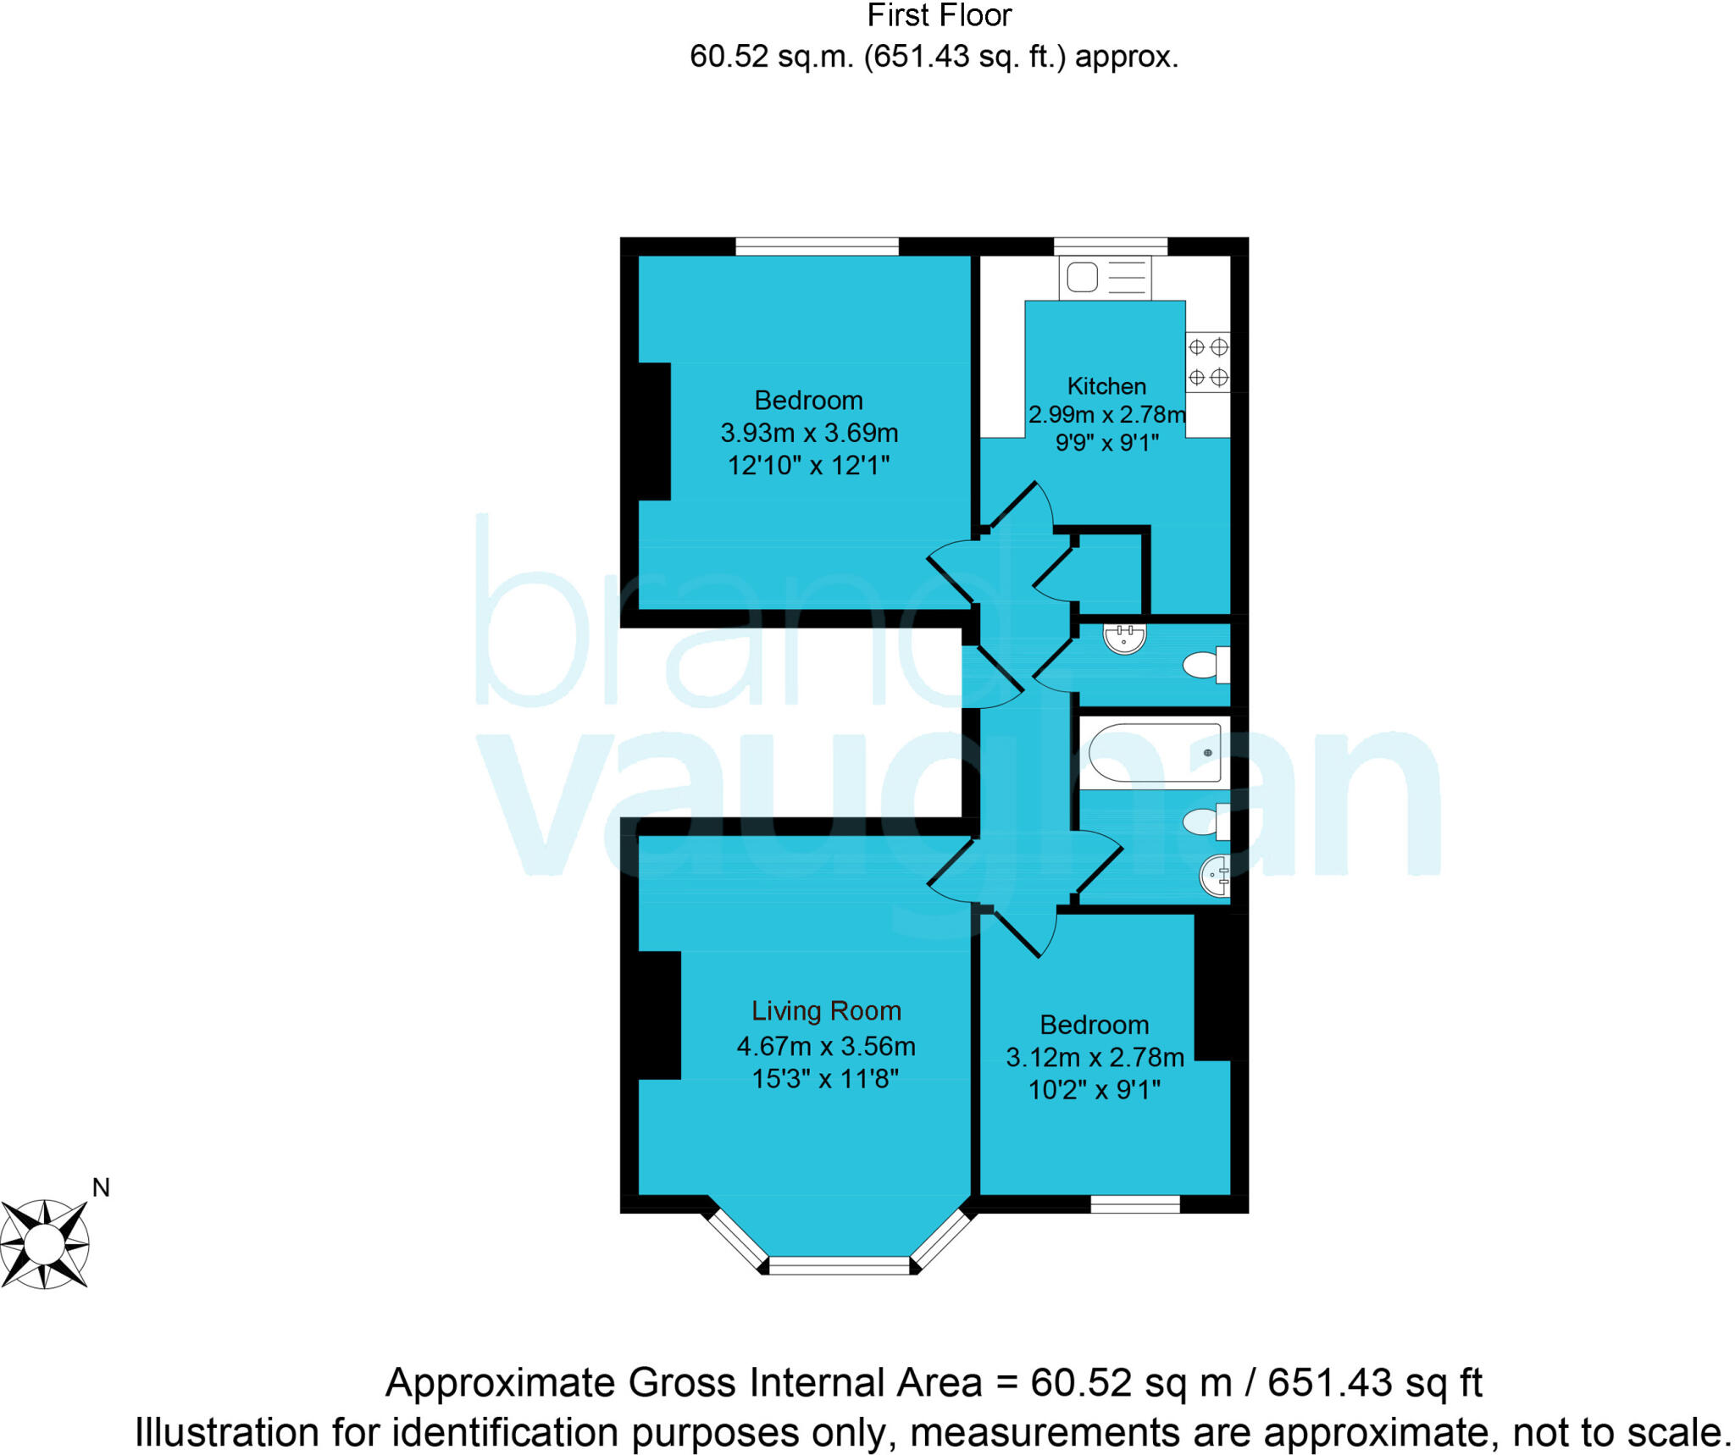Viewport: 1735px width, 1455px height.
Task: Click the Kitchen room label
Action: [1106, 386]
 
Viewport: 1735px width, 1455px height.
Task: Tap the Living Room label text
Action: [826, 1011]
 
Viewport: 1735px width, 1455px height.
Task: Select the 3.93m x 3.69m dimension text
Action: [809, 433]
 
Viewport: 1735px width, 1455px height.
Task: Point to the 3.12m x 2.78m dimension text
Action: [1095, 1058]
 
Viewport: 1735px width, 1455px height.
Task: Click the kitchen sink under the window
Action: [1105, 278]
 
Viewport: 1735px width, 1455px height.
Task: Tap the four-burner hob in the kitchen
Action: [1207, 362]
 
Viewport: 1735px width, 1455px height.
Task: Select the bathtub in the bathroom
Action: [1154, 752]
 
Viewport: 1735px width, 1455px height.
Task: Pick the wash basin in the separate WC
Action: [1125, 638]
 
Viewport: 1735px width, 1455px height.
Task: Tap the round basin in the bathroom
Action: [1216, 875]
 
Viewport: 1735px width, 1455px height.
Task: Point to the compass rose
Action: [44, 1244]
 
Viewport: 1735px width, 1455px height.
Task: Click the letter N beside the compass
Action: [101, 1188]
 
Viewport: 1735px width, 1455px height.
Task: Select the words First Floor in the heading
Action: [939, 15]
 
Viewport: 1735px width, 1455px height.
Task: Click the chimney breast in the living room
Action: [658, 1015]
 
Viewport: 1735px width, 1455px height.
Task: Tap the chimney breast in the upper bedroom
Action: [653, 431]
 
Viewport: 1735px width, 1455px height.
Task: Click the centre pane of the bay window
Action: [839, 1266]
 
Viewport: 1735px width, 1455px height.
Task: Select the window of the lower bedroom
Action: [1134, 1204]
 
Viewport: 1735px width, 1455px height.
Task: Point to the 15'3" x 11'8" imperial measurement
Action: [825, 1079]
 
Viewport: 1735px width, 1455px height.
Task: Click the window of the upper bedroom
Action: [816, 246]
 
